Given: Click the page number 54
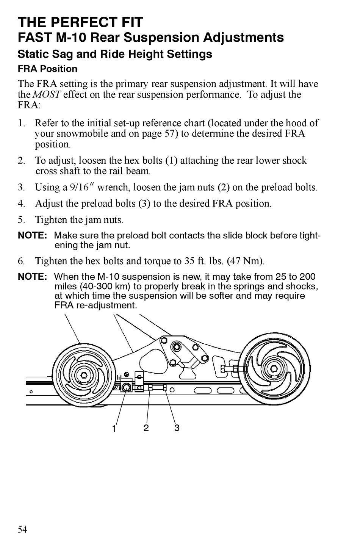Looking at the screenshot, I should click(22, 529).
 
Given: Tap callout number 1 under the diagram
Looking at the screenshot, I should click(114, 429).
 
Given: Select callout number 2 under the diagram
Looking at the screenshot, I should click(146, 428).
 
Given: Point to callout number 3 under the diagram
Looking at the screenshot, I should click(177, 428).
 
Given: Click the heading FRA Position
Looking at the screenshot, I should click(47, 69).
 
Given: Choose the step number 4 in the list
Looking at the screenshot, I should click(21, 204).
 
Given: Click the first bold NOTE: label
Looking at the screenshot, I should click(32, 235).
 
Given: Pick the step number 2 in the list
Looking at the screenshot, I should click(21, 161).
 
